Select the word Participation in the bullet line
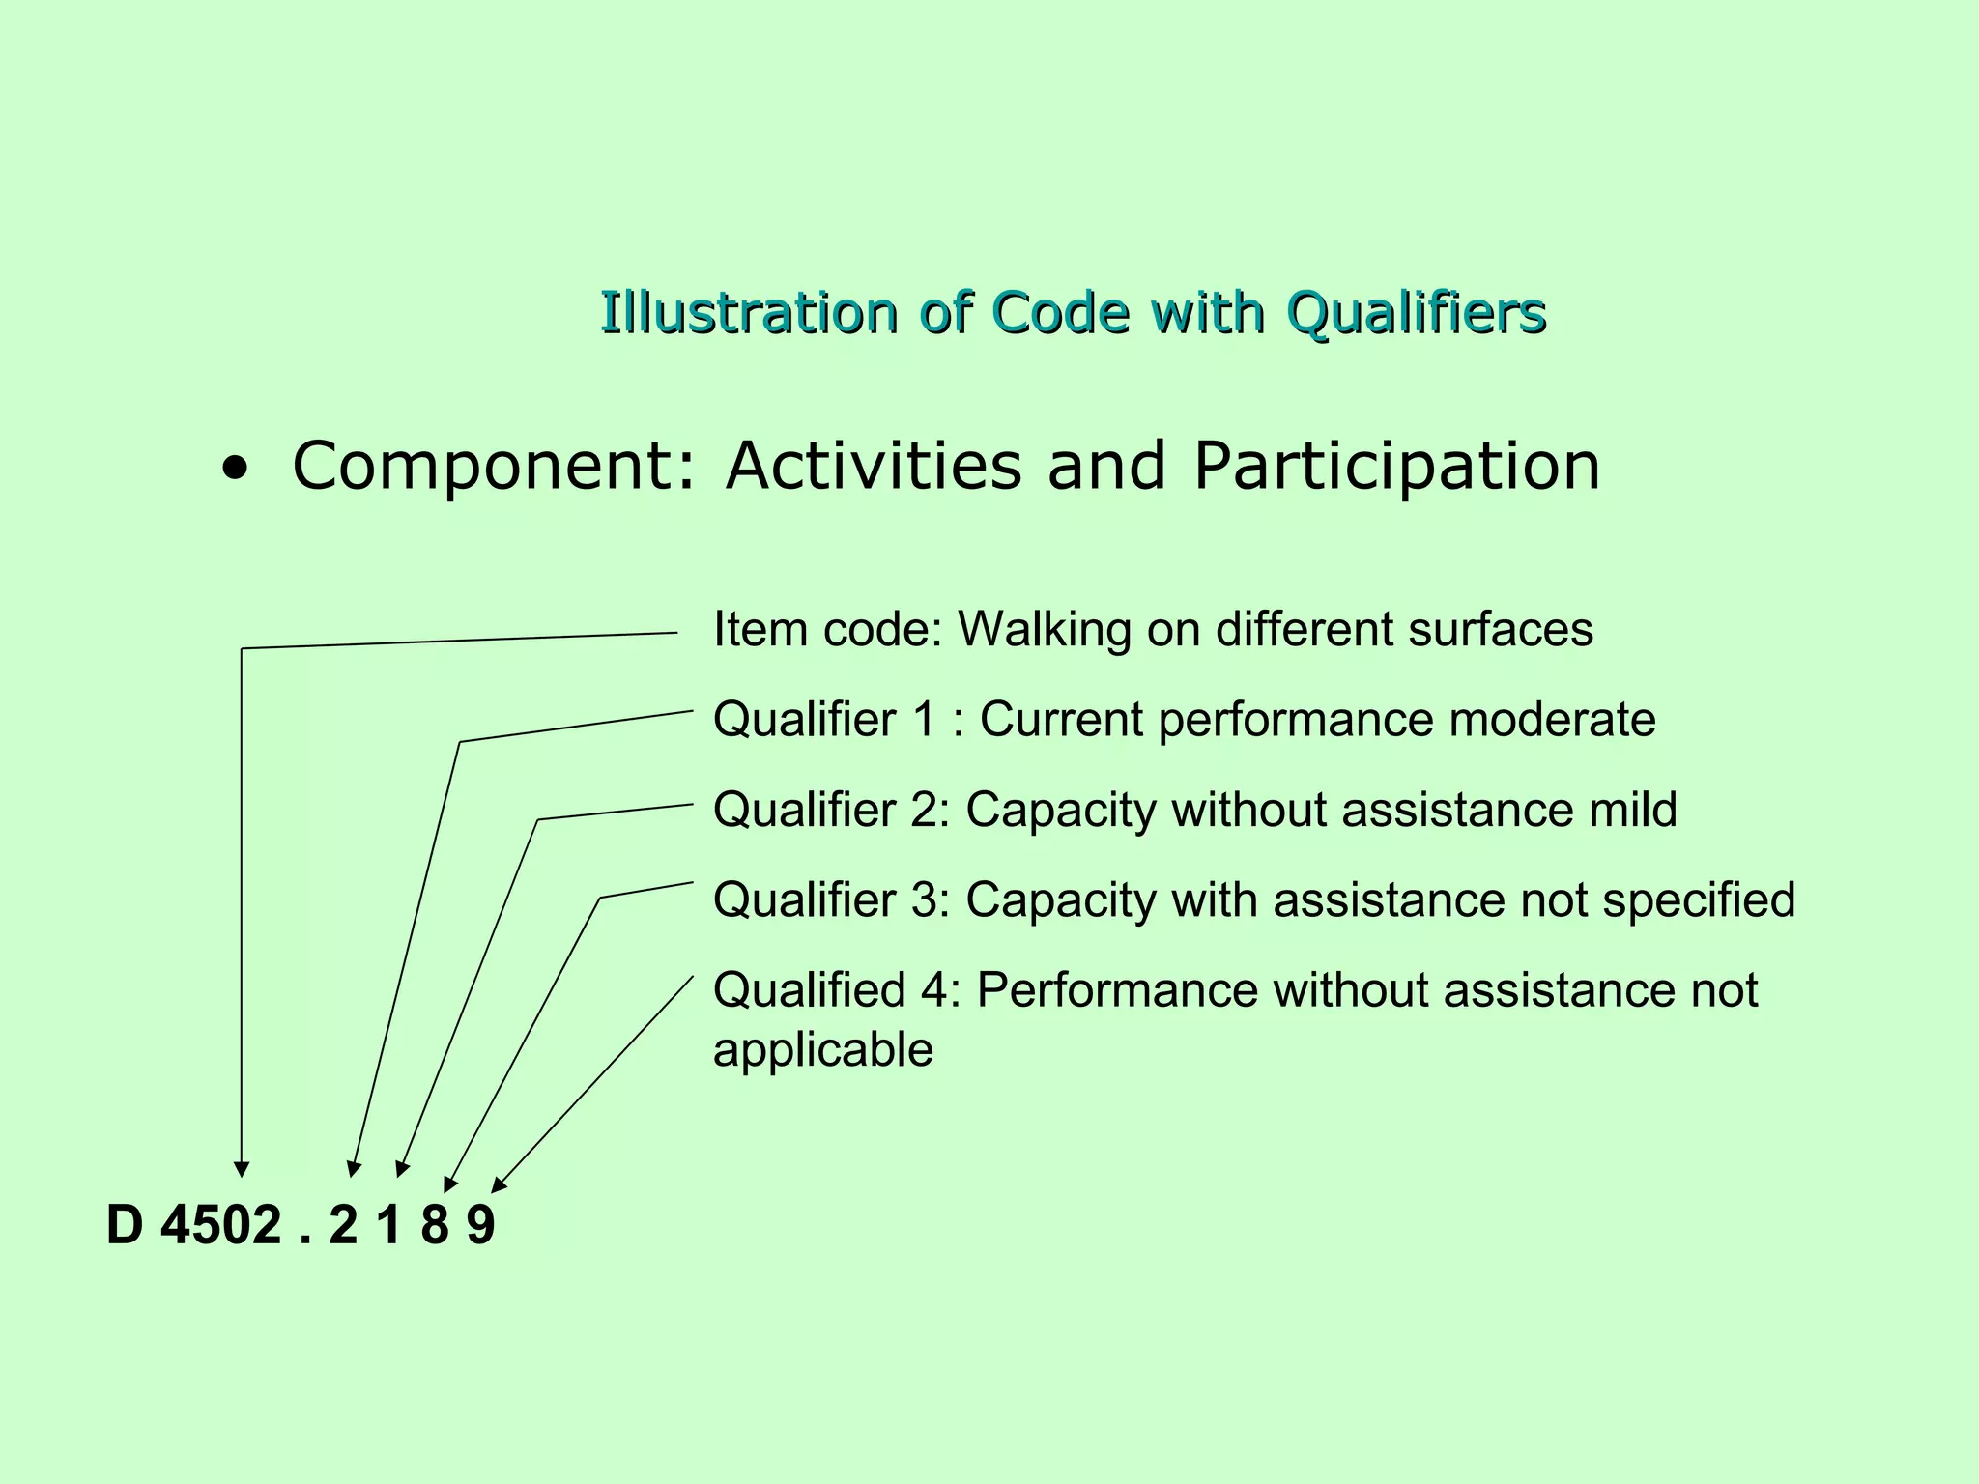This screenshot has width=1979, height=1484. (x=1396, y=468)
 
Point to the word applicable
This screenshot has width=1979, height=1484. (x=823, y=1050)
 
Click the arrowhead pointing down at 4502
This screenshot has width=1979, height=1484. (x=242, y=1169)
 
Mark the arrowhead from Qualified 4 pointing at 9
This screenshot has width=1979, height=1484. (x=500, y=1184)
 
